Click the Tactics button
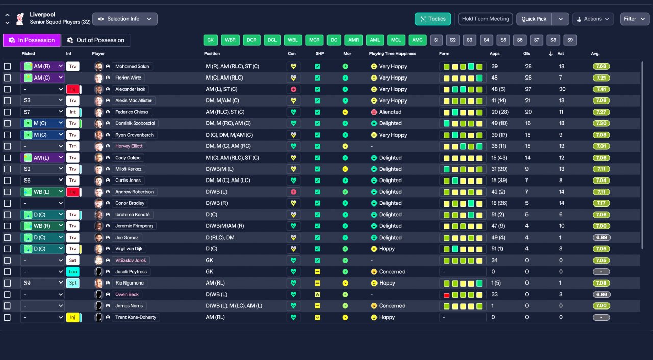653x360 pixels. [x=433, y=19]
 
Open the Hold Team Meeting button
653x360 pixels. [x=485, y=19]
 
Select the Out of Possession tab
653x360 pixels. [x=96, y=40]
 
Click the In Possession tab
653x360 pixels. [x=32, y=40]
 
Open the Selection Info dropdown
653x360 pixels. [x=125, y=19]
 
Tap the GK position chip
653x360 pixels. [x=211, y=40]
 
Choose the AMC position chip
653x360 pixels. [x=417, y=40]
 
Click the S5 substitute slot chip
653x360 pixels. [x=503, y=40]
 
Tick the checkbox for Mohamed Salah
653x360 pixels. [x=7, y=66]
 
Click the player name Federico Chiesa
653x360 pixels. [x=132, y=112]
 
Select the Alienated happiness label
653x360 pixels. [x=390, y=112]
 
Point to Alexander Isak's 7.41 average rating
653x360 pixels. [x=601, y=89]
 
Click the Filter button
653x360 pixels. [x=635, y=19]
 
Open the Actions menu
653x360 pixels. [x=593, y=19]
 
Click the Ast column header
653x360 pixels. [x=561, y=54]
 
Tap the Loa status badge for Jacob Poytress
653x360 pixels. [x=72, y=272]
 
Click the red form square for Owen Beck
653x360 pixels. [x=446, y=295]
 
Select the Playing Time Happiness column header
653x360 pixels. [x=393, y=54]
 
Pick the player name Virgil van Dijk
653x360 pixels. [x=129, y=249]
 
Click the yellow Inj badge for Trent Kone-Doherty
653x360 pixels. [x=72, y=317]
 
